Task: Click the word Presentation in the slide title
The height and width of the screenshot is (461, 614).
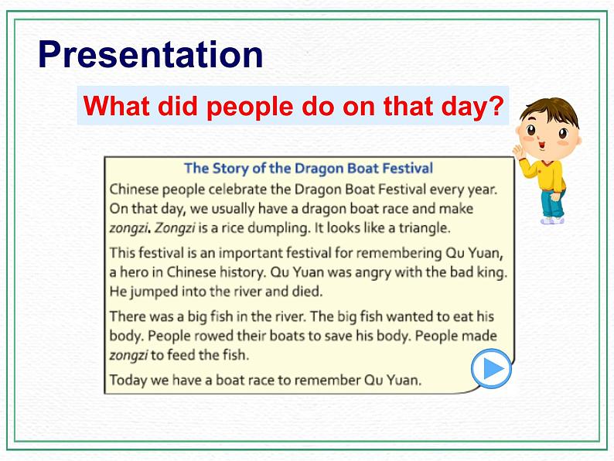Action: point(151,55)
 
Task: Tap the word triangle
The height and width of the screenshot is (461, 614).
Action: point(421,228)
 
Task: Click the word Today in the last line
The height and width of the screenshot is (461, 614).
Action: point(128,380)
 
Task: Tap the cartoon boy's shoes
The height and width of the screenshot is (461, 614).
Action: point(553,220)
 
